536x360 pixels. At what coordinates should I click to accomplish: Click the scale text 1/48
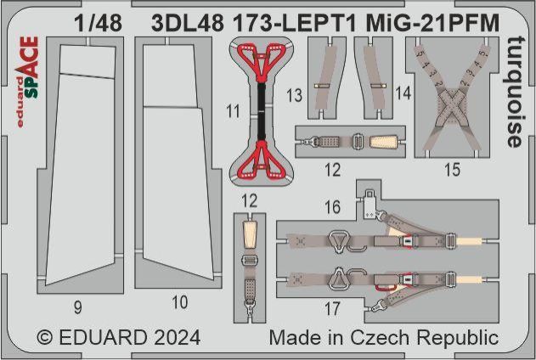click(98, 23)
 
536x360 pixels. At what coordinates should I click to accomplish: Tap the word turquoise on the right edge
click(515, 92)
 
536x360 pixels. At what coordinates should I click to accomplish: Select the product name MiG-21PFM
click(432, 23)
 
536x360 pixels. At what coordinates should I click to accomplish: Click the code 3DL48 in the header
click(188, 23)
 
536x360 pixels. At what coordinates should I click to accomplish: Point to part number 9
click(78, 307)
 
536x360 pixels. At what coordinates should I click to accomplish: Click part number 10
click(180, 302)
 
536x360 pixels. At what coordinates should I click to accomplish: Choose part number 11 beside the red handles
click(233, 111)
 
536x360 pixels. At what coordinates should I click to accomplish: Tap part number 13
click(294, 95)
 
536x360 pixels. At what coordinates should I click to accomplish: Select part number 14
click(403, 93)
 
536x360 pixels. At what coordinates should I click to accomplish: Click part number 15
click(452, 170)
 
